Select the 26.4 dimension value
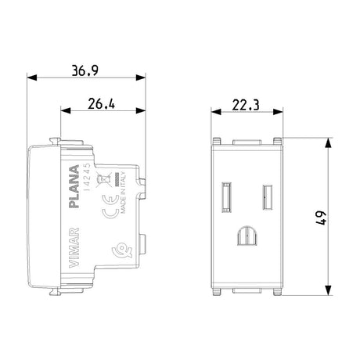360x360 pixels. pyautogui.click(x=103, y=104)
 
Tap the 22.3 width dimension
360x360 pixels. pyautogui.click(x=247, y=104)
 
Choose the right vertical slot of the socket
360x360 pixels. pyautogui.click(x=267, y=193)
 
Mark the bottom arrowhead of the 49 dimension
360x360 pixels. pyautogui.click(x=323, y=293)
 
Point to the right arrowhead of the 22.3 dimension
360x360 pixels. pyautogui.click(x=280, y=112)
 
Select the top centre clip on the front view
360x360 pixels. pyautogui.click(x=247, y=142)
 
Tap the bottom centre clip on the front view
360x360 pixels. pyautogui.click(x=247, y=293)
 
